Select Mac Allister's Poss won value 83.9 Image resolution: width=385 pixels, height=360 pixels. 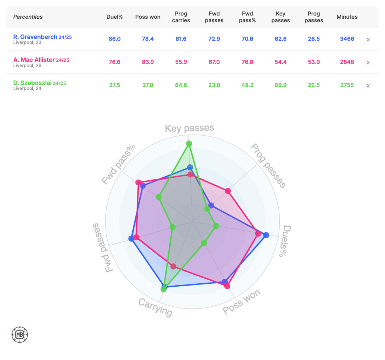(148, 62)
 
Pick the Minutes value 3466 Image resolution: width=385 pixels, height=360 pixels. (347, 39)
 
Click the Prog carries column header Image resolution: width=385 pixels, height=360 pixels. (181, 17)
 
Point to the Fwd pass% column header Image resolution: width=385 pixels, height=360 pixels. (247, 17)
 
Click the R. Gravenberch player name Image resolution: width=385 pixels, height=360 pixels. (35, 37)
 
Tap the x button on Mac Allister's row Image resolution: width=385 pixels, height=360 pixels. (368, 62)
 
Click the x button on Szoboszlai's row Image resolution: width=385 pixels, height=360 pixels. (368, 86)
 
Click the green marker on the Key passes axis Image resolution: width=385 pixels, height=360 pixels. (189, 144)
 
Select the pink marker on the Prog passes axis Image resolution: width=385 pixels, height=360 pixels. (228, 191)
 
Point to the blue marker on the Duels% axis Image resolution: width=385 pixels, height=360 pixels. (266, 235)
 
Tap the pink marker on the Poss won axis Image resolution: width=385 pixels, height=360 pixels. (227, 286)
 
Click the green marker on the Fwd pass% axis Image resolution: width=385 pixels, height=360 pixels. (159, 197)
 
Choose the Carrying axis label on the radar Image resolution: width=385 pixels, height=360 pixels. (155, 307)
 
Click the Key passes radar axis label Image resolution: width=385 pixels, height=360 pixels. (189, 129)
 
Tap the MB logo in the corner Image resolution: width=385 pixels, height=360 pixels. (20, 334)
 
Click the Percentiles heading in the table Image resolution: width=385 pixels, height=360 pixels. (28, 17)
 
